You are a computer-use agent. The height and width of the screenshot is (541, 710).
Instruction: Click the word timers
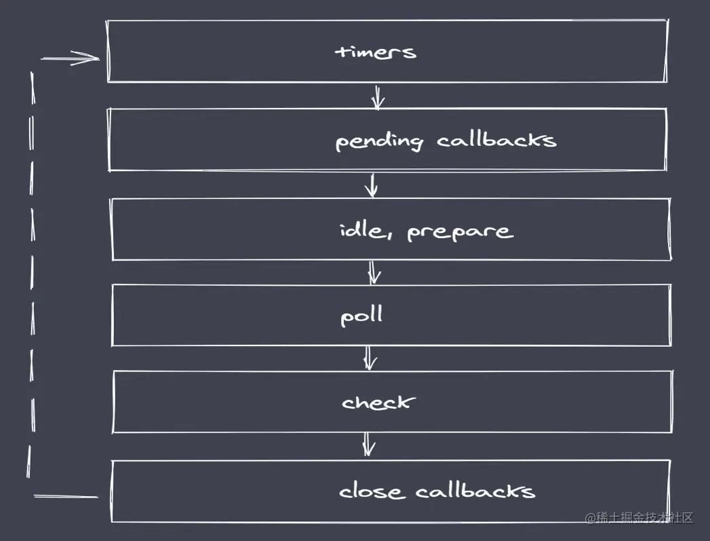[375, 52]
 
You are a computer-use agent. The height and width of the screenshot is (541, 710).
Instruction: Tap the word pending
[379, 141]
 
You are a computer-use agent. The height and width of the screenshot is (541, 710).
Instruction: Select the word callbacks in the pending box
[496, 140]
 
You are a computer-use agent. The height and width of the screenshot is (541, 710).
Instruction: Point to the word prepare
[460, 232]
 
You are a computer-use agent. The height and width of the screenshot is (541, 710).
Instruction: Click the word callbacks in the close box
[475, 490]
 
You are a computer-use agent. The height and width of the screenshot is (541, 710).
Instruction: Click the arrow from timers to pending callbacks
[378, 96]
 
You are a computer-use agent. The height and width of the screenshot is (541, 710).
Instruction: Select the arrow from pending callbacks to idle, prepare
[371, 185]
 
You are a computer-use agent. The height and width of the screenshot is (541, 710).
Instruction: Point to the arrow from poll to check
[369, 358]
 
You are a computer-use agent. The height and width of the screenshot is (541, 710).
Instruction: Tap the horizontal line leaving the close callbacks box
[66, 497]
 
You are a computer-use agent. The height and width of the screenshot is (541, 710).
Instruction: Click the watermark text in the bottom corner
[639, 518]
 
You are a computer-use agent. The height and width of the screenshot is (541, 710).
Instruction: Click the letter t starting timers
[342, 52]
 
